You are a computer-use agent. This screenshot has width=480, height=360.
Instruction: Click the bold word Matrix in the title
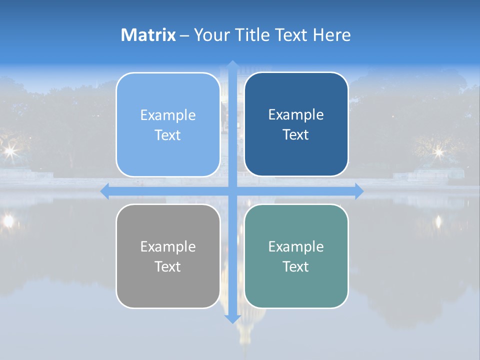148,34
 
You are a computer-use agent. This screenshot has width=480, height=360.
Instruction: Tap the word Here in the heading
332,34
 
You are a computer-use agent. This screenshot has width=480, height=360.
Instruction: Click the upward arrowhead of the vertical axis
232,64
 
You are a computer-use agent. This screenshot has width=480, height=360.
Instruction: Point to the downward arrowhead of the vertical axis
232,319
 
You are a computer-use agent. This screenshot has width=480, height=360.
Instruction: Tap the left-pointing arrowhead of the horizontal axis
104,191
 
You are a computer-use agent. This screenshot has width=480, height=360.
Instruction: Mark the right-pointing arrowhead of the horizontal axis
359,191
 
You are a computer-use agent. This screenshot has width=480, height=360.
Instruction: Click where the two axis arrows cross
232,191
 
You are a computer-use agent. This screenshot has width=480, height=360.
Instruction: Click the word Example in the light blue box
168,115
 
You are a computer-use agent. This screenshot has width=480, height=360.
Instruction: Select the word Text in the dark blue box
296,135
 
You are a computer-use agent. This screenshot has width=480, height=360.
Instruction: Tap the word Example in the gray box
168,246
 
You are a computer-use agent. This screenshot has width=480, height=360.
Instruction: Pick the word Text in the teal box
296,266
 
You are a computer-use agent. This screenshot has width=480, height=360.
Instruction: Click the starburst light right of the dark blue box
438,150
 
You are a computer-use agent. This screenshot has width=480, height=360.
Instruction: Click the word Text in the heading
290,34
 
